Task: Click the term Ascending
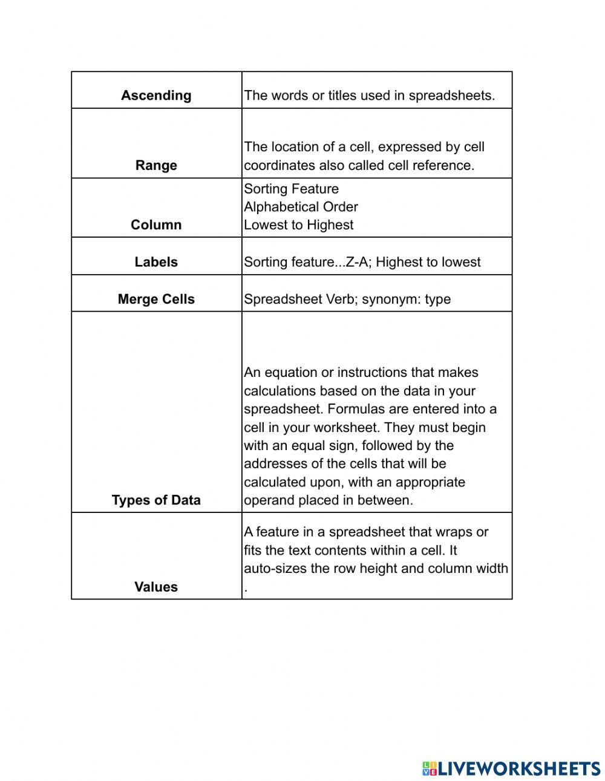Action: click(x=156, y=96)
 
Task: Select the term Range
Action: click(x=156, y=166)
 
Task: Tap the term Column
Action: click(x=156, y=225)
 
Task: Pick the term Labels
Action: click(x=156, y=262)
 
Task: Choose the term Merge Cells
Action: click(x=156, y=299)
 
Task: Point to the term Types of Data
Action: click(x=156, y=500)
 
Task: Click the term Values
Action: click(x=156, y=587)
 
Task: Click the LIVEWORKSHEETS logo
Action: click(x=511, y=768)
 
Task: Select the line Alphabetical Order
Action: click(x=301, y=207)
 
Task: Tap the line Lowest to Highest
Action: click(x=298, y=225)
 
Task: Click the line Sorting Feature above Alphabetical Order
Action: click(x=291, y=189)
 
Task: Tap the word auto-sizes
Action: click(x=273, y=569)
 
